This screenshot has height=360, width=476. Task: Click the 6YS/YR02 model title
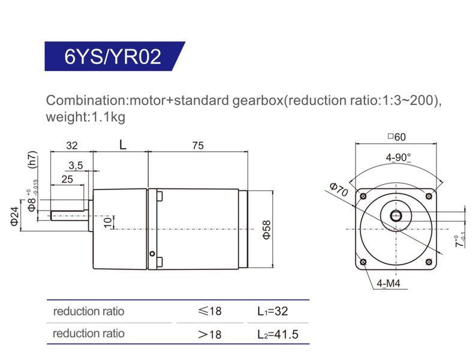click(113, 56)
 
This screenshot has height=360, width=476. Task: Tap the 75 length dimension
click(198, 146)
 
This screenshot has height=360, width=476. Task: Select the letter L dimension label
click(122, 145)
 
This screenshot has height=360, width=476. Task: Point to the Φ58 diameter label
click(266, 229)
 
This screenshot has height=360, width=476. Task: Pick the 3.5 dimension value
click(76, 166)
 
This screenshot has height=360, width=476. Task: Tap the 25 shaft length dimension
click(67, 179)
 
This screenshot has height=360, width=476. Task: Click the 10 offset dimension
click(108, 223)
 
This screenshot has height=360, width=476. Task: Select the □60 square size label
click(396, 137)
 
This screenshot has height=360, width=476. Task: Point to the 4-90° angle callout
click(398, 157)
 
